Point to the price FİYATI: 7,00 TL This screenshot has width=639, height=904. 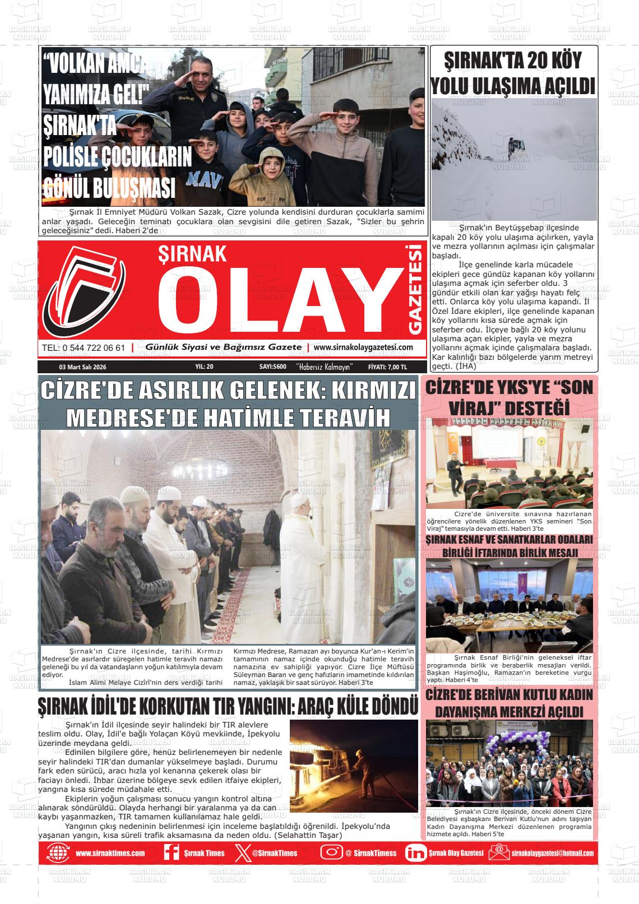(x=387, y=367)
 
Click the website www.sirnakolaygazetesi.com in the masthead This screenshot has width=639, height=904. (x=363, y=347)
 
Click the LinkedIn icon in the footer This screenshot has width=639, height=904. (x=415, y=853)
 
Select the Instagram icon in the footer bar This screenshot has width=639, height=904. (x=331, y=852)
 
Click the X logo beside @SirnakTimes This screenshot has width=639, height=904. (x=240, y=853)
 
